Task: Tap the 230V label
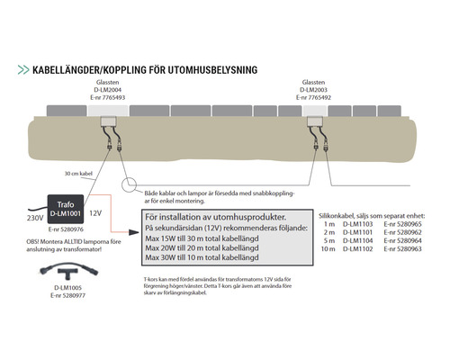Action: pyautogui.click(x=34, y=218)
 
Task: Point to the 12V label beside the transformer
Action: pyautogui.click(x=95, y=213)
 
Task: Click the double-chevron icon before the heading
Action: pyautogui.click(x=21, y=69)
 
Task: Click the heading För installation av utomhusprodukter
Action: pyautogui.click(x=215, y=217)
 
